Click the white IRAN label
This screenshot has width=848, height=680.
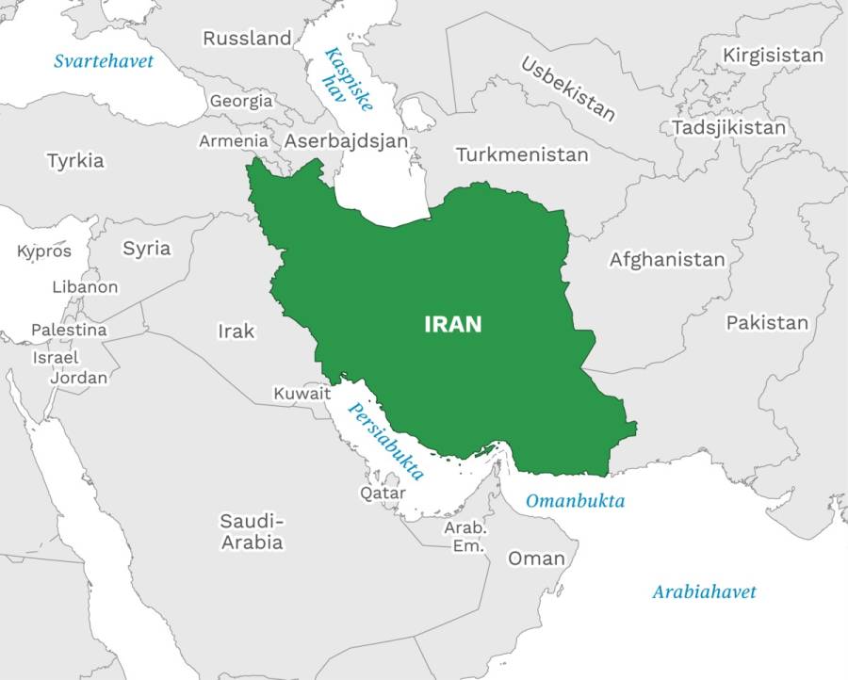coord(453,324)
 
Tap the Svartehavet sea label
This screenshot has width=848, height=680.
coord(103,61)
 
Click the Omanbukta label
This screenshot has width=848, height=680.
coord(575,501)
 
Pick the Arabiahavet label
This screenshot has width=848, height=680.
coord(704,592)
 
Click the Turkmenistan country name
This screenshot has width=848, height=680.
coord(522,154)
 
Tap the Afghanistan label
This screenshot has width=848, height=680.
coord(667,259)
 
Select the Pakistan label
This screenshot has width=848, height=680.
coord(767,323)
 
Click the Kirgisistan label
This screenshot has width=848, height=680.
coord(773,56)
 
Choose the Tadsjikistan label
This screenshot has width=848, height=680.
coord(728,127)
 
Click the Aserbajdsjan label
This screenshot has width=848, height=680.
coord(347,141)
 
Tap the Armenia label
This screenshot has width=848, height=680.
coord(233,141)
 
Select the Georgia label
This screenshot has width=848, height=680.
coord(241,101)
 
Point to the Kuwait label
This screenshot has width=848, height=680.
coord(302,394)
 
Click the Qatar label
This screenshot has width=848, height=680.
coord(383,493)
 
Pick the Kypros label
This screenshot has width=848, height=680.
coord(44,251)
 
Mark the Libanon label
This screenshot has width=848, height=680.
coord(85,287)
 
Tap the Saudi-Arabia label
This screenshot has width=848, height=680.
coord(252,532)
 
